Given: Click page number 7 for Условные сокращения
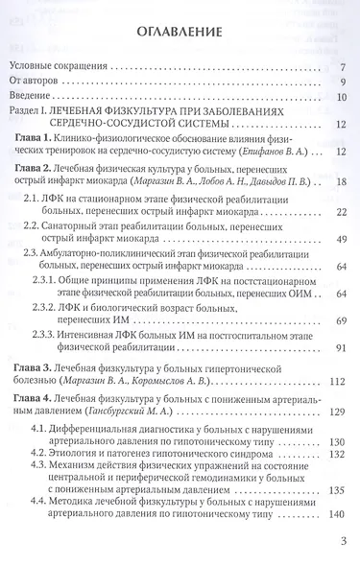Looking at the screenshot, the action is pos(342,68).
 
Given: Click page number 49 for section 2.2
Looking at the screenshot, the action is pos(340,237).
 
